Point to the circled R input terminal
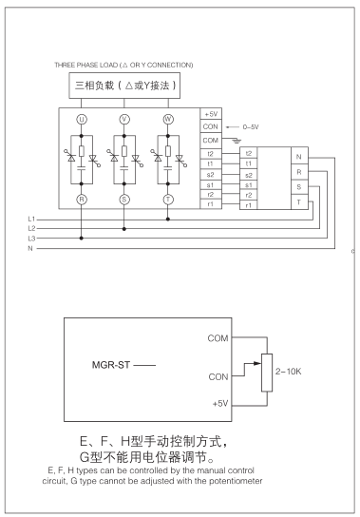click(82, 175)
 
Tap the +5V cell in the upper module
click(211, 114)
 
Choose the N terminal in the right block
click(299, 155)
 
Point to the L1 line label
click(31, 192)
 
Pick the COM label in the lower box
click(218, 337)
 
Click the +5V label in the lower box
click(219, 403)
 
